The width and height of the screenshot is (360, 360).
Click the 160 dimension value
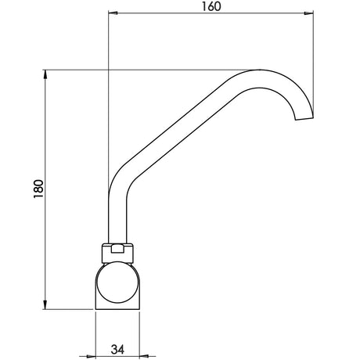click(x=211, y=6)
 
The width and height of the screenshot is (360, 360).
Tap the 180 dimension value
click(x=38, y=189)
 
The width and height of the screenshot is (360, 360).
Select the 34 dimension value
click(x=117, y=349)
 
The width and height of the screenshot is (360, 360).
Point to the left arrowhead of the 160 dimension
click(x=113, y=13)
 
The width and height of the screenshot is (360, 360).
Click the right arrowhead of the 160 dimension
click(x=308, y=13)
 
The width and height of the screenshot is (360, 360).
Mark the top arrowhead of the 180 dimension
click(x=45, y=74)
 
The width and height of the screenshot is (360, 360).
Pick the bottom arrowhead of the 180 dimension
click(x=45, y=304)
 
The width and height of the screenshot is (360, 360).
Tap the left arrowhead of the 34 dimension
click(x=91, y=356)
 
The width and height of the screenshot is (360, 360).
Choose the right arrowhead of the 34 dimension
click(x=144, y=356)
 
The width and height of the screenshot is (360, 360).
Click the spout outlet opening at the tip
click(x=304, y=118)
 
